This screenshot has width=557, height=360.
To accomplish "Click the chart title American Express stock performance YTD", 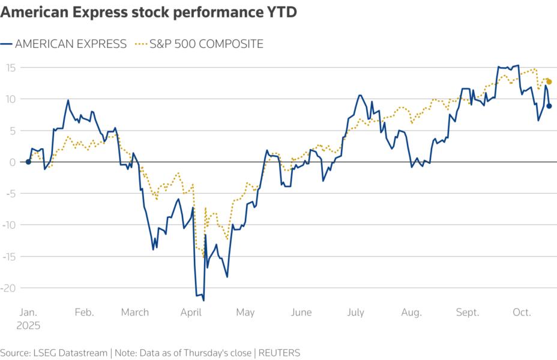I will [x=148, y=13].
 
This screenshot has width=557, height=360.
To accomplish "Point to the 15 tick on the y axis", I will [x=10, y=67].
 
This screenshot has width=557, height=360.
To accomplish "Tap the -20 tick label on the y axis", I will [x=8, y=287].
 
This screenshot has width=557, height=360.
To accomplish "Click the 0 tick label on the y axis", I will [x=13, y=161].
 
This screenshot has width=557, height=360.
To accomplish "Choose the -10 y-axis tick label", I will [x=8, y=224].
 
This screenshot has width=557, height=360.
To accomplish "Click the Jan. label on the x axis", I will [x=29, y=313].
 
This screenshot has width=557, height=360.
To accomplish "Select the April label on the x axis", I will [x=191, y=313].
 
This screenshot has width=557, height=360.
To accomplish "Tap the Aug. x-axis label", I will [x=411, y=313].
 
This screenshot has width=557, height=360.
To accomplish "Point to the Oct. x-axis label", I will [x=522, y=313].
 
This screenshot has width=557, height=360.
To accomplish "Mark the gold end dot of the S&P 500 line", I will [x=549, y=82].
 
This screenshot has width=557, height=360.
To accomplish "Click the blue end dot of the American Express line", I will [x=549, y=106].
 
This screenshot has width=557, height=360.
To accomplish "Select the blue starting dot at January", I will [x=28, y=161].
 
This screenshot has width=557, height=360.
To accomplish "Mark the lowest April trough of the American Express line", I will [x=203, y=300].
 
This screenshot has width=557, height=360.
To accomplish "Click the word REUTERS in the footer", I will [x=280, y=352].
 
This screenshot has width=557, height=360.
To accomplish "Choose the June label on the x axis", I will [x=301, y=313].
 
